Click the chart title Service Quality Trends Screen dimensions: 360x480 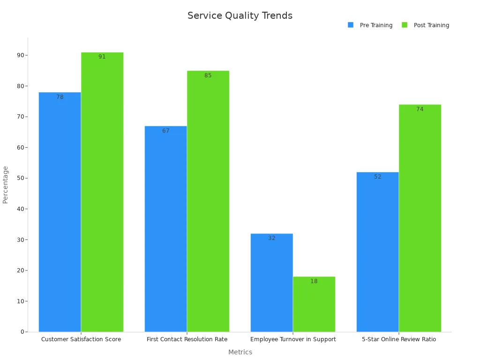click(x=240, y=15)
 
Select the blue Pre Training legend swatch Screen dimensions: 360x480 click(x=351, y=25)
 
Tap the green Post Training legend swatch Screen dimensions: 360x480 click(x=405, y=25)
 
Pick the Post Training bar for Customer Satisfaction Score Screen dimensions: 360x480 click(x=102, y=192)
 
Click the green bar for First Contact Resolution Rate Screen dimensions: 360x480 click(x=208, y=201)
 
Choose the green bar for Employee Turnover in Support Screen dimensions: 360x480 click(x=314, y=304)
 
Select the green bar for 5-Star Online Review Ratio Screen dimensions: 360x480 click(x=420, y=218)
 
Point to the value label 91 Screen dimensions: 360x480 click(x=102, y=57)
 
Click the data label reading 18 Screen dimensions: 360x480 click(x=314, y=281)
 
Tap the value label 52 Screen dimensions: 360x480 click(x=377, y=177)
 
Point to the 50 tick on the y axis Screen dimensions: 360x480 click(x=21, y=178)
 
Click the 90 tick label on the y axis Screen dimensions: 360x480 click(x=21, y=55)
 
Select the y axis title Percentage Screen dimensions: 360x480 click(x=6, y=184)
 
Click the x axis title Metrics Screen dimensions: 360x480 click(x=240, y=352)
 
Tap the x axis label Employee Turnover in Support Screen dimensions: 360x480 click(x=293, y=339)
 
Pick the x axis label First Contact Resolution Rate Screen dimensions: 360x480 click(x=187, y=339)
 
